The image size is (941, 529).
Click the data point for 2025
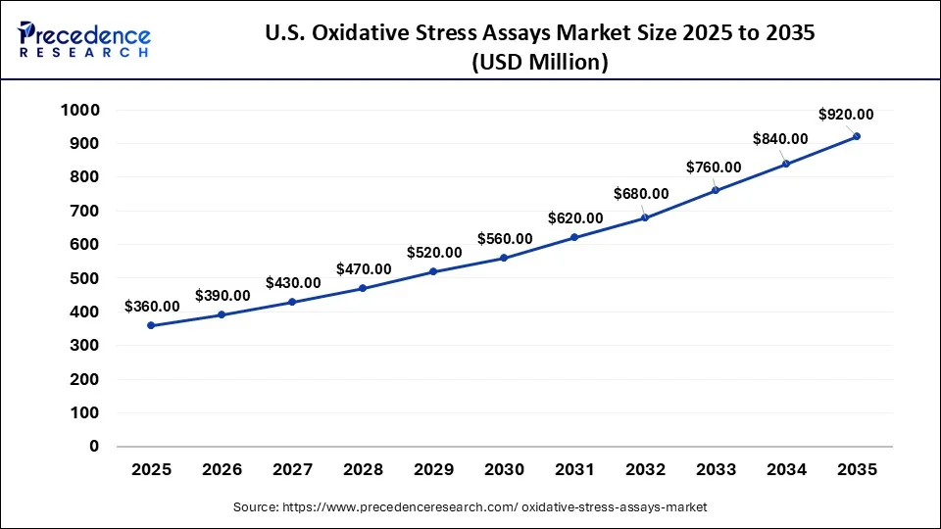[151, 325]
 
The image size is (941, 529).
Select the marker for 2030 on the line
[504, 258]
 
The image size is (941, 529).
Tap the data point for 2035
[857, 136]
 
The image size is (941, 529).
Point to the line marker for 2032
[645, 217]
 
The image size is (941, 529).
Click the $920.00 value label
[846, 115]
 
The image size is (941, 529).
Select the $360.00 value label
[152, 307]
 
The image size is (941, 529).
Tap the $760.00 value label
[714, 167]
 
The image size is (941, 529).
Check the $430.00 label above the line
[293, 283]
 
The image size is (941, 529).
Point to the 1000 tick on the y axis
[79, 111]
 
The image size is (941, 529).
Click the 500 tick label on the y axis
[84, 278]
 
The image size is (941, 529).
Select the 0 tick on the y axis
[94, 447]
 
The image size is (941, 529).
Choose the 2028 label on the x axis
[363, 470]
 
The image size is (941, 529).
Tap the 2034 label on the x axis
[786, 470]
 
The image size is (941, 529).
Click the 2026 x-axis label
[222, 470]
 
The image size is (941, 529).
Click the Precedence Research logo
[84, 39]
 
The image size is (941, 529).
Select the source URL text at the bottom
[470, 507]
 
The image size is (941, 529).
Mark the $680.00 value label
[641, 194]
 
